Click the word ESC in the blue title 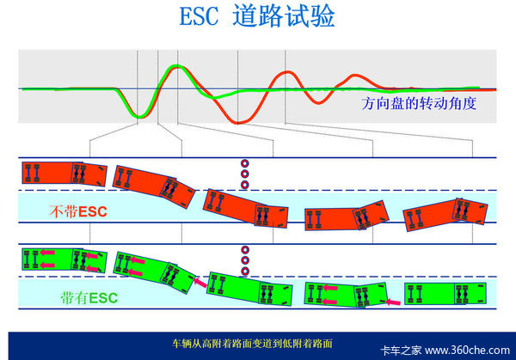[x=199, y=16]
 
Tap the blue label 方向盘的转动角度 [x=419, y=103]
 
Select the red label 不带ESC [x=78, y=211]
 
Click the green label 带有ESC [x=89, y=298]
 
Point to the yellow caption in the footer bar [x=252, y=344]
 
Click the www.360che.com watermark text [x=467, y=351]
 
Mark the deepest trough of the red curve [x=237, y=123]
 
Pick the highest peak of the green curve [x=177, y=66]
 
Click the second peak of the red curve [x=288, y=72]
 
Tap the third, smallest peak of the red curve [x=354, y=76]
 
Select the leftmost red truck [x=64, y=174]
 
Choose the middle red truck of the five [x=246, y=208]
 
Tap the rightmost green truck [x=445, y=293]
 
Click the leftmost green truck [x=64, y=260]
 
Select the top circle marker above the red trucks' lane [x=244, y=163]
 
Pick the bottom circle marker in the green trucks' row [x=245, y=272]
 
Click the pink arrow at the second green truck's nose [x=200, y=283]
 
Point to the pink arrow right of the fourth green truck [x=393, y=302]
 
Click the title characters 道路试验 [x=284, y=16]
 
